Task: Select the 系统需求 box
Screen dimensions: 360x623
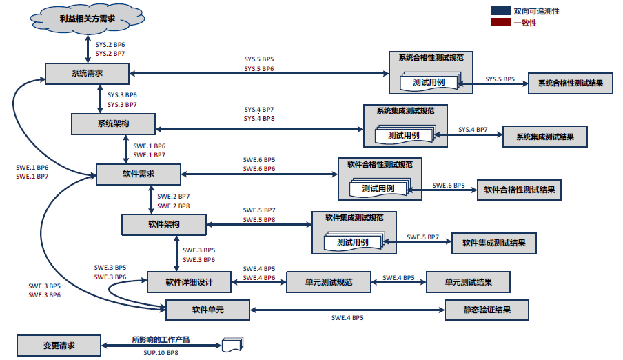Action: point(87,73)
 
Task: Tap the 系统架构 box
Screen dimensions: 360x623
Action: point(113,123)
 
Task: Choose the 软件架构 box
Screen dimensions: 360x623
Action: point(164,225)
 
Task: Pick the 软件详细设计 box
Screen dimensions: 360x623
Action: point(188,281)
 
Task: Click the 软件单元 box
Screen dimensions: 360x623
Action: point(207,310)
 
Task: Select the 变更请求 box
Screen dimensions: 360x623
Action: point(59,345)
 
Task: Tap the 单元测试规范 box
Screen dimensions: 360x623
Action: point(329,281)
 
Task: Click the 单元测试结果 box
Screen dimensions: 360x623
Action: point(468,281)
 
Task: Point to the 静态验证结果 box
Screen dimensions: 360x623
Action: point(487,310)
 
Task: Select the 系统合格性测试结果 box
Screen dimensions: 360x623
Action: point(570,83)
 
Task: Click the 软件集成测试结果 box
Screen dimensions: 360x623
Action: point(493,243)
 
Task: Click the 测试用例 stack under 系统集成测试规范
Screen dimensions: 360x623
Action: point(404,135)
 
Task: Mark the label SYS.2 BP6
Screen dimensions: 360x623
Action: point(110,45)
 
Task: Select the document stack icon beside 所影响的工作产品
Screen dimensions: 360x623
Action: point(232,344)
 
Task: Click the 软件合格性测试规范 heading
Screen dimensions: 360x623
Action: point(380,164)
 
